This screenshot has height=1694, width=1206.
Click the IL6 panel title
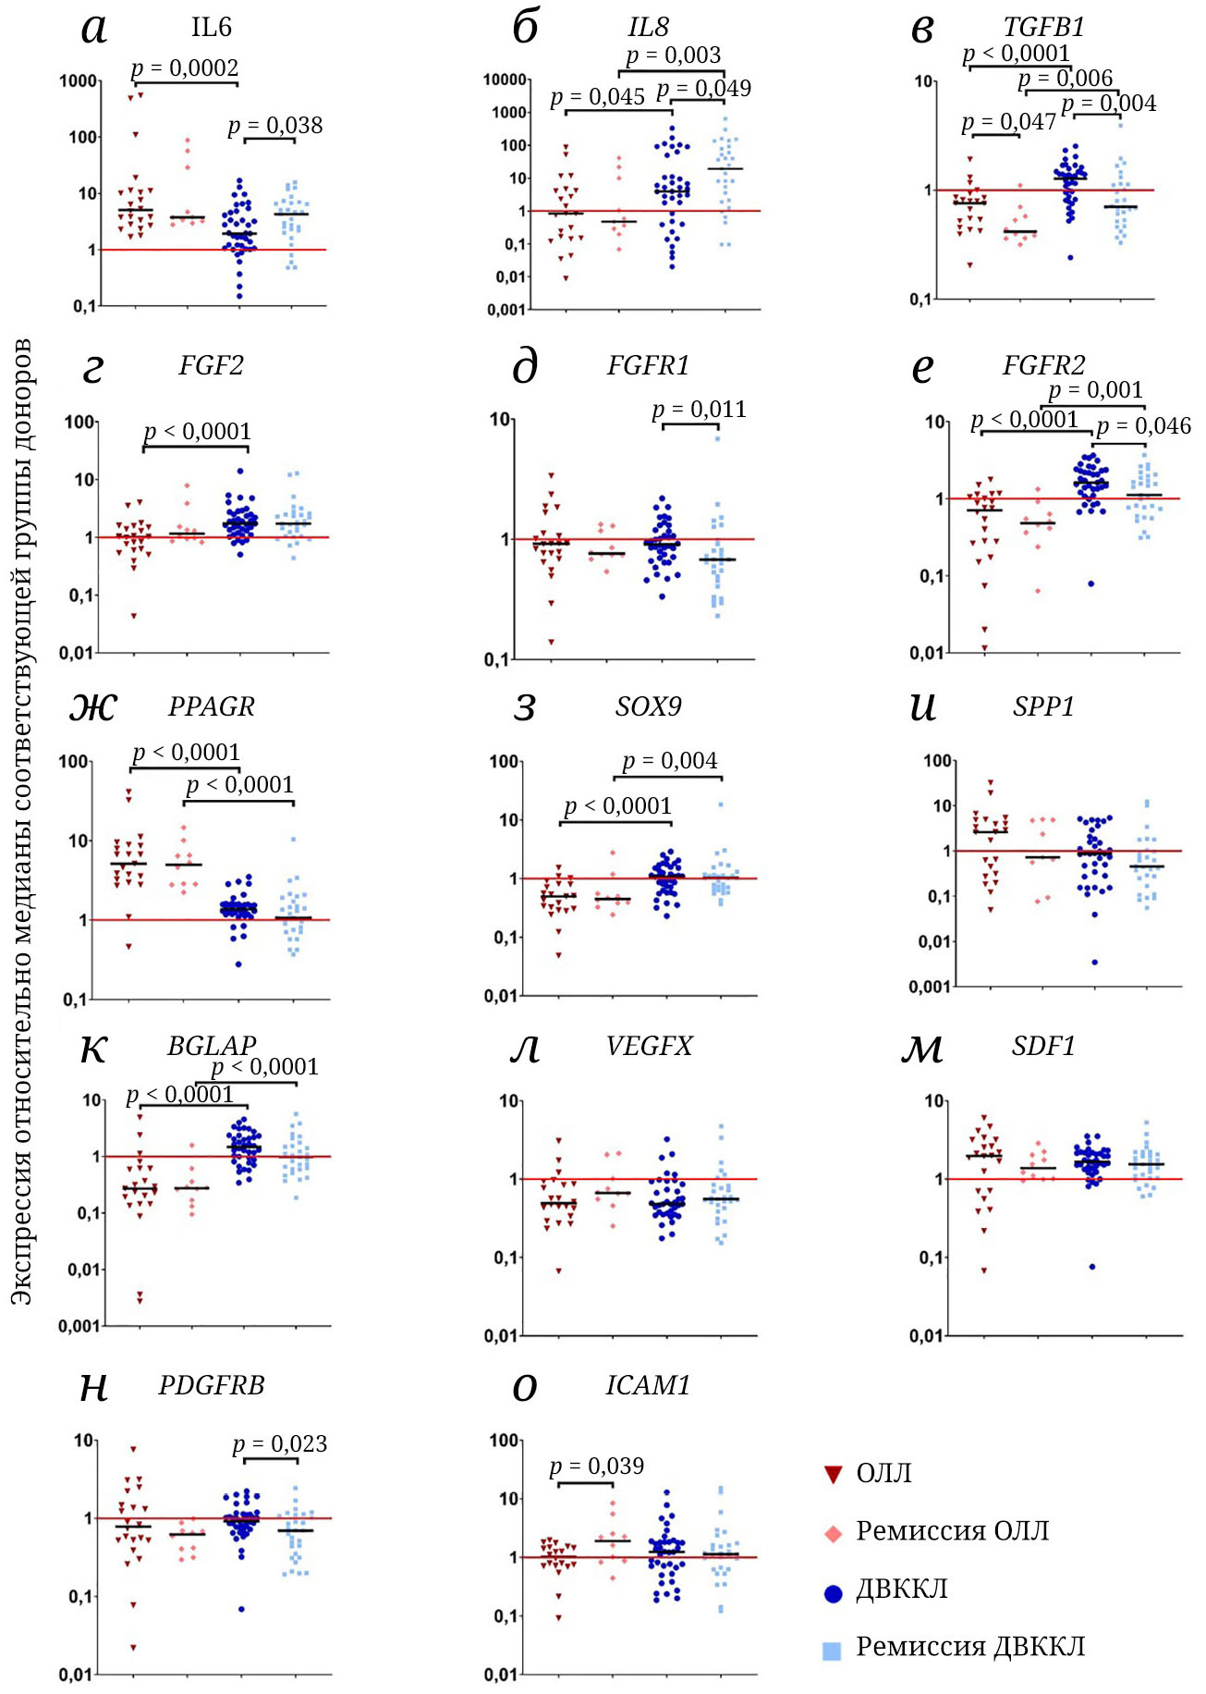pyautogui.click(x=211, y=27)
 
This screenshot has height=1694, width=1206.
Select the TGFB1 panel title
pyautogui.click(x=1043, y=27)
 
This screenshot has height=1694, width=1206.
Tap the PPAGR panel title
pyautogui.click(x=211, y=706)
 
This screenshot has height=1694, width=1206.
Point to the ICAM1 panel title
pyautogui.click(x=648, y=1385)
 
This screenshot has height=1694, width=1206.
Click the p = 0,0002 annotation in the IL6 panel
pyautogui.click(x=185, y=68)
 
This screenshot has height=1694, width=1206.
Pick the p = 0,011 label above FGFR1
pyautogui.click(x=699, y=409)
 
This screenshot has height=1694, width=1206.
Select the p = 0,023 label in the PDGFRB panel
pyautogui.click(x=279, y=1443)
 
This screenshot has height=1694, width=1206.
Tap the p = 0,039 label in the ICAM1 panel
pyautogui.click(x=596, y=1466)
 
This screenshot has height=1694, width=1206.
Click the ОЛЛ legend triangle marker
pyautogui.click(x=833, y=1474)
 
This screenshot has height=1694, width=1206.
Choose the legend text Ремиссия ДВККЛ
pyautogui.click(x=970, y=1647)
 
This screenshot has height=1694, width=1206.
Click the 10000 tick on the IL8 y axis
pyautogui.click(x=505, y=80)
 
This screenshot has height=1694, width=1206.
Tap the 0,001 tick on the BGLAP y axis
pyautogui.click(x=79, y=1326)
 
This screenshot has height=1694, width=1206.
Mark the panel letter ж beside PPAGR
pyautogui.click(x=93, y=707)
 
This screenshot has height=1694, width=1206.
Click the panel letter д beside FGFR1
pyautogui.click(x=524, y=368)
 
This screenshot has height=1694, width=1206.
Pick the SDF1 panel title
pyautogui.click(x=1043, y=1046)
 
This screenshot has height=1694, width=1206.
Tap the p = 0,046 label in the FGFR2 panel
pyautogui.click(x=1143, y=426)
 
